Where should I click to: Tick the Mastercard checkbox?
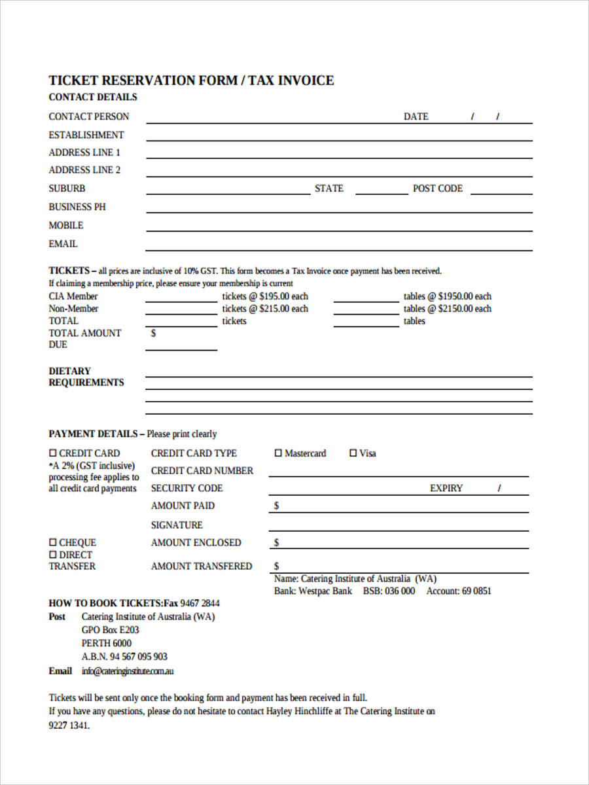pyautogui.click(x=278, y=453)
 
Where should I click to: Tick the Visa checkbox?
pyautogui.click(x=353, y=453)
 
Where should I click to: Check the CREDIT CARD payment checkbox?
pyautogui.click(x=53, y=453)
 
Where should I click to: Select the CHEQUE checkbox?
pyautogui.click(x=53, y=542)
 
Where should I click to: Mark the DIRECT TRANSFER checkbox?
pyautogui.click(x=53, y=555)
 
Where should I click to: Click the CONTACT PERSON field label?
pyautogui.click(x=88, y=116)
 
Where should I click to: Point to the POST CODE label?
pyautogui.click(x=437, y=188)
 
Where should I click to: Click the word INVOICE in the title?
pyautogui.click(x=306, y=80)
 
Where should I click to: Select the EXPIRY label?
pyautogui.click(x=446, y=488)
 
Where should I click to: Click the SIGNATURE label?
pyautogui.click(x=177, y=525)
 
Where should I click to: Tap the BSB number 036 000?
pyautogui.click(x=399, y=591)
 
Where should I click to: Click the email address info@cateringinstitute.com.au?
pyautogui.click(x=128, y=671)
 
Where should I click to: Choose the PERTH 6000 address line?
pyautogui.click(x=106, y=643)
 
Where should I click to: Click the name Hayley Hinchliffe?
pyautogui.click(x=301, y=711)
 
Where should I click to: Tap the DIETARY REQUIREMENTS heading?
pyautogui.click(x=86, y=377)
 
